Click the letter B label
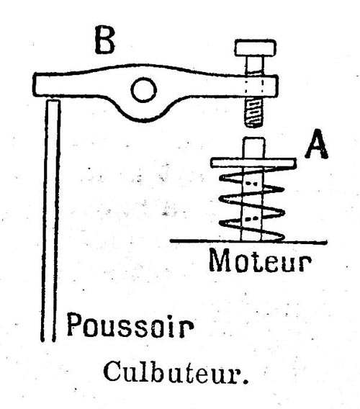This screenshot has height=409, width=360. pyautogui.click(x=104, y=40)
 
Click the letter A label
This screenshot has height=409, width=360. pyautogui.click(x=317, y=144)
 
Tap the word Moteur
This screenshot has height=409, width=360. pyautogui.click(x=260, y=260)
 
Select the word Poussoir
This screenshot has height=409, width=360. pyautogui.click(x=130, y=325)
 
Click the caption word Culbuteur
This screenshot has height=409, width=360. pyautogui.click(x=172, y=372)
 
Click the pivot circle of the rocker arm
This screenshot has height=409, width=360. pyautogui.click(x=143, y=89)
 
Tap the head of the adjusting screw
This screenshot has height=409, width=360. pyautogui.click(x=255, y=48)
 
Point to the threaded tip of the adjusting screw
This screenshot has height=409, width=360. pyautogui.click(x=254, y=112)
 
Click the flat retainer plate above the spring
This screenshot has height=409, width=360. pyautogui.click(x=253, y=163)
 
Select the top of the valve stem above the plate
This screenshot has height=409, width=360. pyautogui.click(x=254, y=148)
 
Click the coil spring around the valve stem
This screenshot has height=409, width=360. pyautogui.click(x=252, y=204)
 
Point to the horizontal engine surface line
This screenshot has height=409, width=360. pyautogui.click(x=248, y=241)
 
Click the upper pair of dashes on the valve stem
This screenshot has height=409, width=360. pyautogui.click(x=252, y=184)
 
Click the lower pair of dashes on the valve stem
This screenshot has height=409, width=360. pyautogui.click(x=252, y=218)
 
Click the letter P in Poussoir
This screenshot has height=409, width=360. pyautogui.click(x=73, y=324)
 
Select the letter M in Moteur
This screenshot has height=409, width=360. pyautogui.click(x=221, y=260)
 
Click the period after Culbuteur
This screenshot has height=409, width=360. pyautogui.click(x=245, y=381)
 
